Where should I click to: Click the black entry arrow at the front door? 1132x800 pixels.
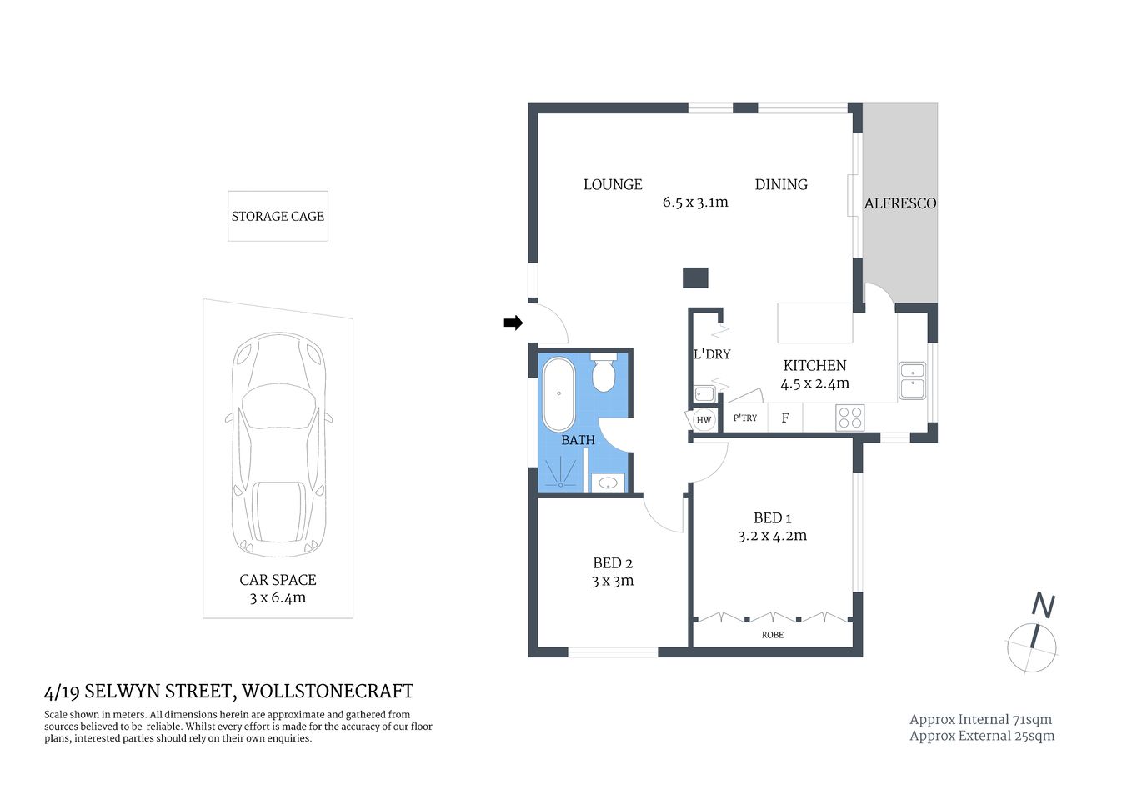513,322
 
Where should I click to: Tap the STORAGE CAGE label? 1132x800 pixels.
278,217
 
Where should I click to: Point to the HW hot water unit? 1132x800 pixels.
704,419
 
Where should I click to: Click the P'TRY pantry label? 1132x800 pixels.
745,417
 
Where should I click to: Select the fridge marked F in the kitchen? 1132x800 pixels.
785,417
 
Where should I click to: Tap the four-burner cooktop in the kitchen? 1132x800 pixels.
849,417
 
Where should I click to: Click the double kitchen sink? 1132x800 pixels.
912,380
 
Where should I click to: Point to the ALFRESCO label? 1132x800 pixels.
899,203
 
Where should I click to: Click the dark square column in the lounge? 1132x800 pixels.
695,277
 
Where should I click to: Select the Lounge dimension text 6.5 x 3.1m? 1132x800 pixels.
695,202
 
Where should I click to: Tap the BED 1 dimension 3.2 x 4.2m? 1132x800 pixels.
772,536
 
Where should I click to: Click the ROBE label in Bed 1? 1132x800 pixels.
773,635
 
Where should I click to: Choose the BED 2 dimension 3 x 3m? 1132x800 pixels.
613,582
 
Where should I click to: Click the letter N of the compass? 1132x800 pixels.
1043,606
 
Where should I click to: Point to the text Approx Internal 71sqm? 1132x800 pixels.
980,719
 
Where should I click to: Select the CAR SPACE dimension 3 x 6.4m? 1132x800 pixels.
278,598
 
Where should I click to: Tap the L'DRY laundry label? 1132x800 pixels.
712,354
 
